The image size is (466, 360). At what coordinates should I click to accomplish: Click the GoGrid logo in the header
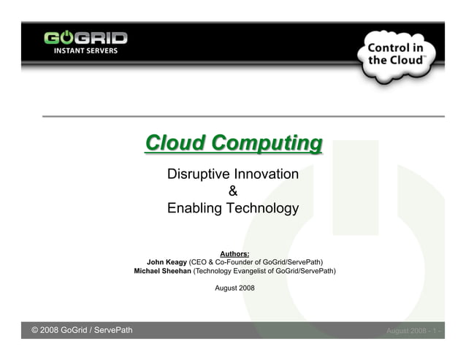tap(85, 39)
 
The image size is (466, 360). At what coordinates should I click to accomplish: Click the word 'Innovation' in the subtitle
tap(265, 175)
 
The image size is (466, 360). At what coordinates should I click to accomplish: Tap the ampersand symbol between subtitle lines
tap(233, 191)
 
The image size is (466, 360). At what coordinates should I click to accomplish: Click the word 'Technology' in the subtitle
tap(263, 208)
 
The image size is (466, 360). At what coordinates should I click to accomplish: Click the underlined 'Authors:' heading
tap(234, 253)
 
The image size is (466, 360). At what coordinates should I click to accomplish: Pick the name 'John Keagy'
tap(167, 262)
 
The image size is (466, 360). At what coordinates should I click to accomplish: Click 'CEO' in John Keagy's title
tap(201, 262)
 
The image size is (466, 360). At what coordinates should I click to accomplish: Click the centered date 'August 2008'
tap(234, 288)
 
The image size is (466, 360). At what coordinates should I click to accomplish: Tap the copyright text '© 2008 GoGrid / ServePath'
tap(82, 331)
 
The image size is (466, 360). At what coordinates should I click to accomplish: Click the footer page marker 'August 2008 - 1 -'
tap(413, 332)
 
